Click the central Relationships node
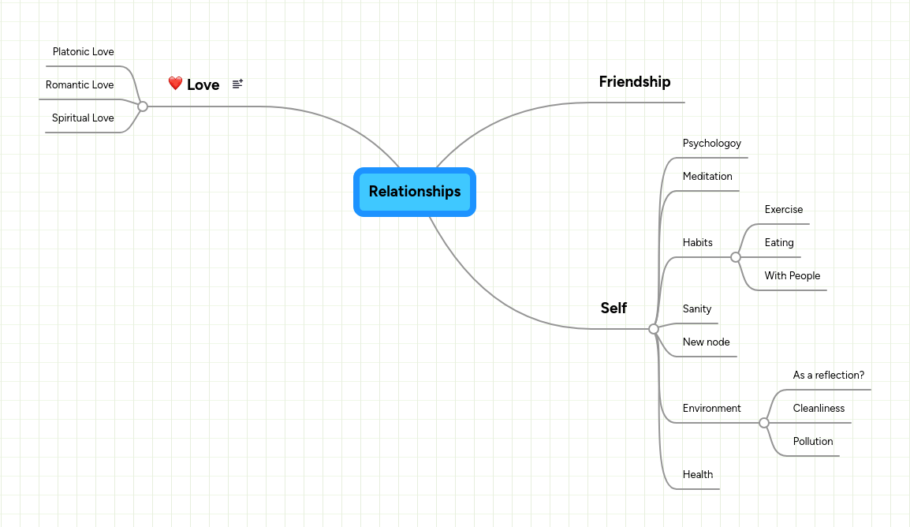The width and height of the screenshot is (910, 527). (414, 192)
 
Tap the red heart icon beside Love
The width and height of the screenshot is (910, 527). (175, 84)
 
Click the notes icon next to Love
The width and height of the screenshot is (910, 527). (237, 84)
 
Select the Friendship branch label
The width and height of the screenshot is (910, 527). (634, 82)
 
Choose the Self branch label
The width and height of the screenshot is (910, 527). (614, 308)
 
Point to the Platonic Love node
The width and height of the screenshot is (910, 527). (83, 52)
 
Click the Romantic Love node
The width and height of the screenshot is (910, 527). (80, 85)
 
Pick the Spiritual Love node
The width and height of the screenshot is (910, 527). (83, 118)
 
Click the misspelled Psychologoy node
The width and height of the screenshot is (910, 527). (711, 144)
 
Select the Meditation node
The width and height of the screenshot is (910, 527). (707, 177)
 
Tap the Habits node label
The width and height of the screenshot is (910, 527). (697, 243)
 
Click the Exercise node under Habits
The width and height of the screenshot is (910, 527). (783, 210)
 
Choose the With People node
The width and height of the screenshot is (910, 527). (792, 276)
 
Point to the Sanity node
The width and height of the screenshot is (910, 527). (697, 309)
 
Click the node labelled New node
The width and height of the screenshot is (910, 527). (706, 342)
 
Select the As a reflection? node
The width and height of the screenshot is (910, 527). (828, 376)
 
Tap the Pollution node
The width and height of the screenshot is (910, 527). (812, 442)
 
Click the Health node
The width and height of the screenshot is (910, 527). (697, 475)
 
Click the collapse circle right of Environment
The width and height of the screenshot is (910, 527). (763, 423)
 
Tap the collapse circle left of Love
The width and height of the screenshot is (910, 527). (143, 107)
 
